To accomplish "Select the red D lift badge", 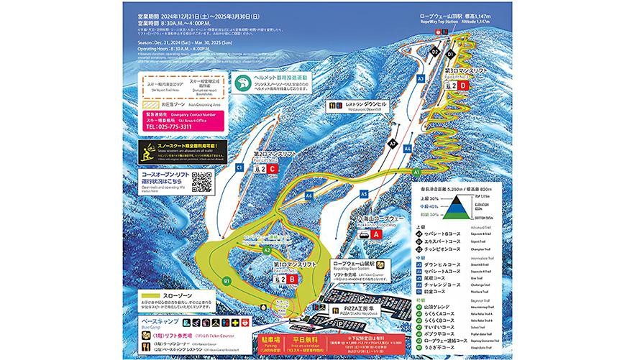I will [x=463, y=86].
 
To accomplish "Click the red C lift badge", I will [x=273, y=170].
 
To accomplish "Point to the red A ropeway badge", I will [x=376, y=244].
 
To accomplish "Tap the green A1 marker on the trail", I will [x=417, y=172].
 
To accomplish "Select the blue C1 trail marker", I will [x=238, y=167].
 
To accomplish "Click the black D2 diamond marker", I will [x=434, y=52].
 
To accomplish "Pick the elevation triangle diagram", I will [x=453, y=207].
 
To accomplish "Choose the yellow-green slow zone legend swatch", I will [x=160, y=295].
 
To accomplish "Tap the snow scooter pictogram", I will [x=148, y=152].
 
